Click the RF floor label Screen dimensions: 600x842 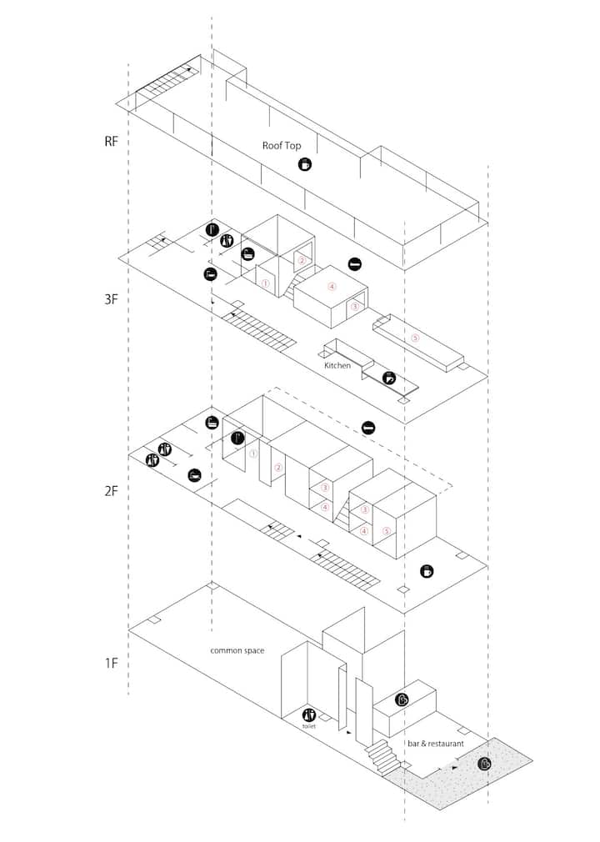[111, 142]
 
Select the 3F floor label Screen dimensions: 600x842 [111, 299]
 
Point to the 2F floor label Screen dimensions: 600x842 [111, 491]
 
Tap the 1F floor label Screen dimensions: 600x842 [111, 664]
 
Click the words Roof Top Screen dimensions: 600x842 [282, 146]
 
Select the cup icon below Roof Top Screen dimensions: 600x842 [305, 163]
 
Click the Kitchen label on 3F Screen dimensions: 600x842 [337, 365]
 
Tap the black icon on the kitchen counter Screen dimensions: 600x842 [389, 378]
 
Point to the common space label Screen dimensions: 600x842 [237, 651]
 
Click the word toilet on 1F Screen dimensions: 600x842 [308, 726]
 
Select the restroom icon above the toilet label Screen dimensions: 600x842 [308, 714]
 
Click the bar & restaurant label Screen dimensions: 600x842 [436, 744]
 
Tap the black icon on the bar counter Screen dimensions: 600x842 [402, 699]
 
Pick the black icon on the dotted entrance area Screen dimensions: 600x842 [484, 764]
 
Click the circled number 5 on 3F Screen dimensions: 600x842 [415, 338]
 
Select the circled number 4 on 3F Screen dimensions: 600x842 [332, 287]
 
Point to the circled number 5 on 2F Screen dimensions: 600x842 [387, 532]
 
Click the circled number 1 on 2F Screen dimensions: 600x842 [254, 454]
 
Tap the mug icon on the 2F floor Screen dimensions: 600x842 [427, 571]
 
